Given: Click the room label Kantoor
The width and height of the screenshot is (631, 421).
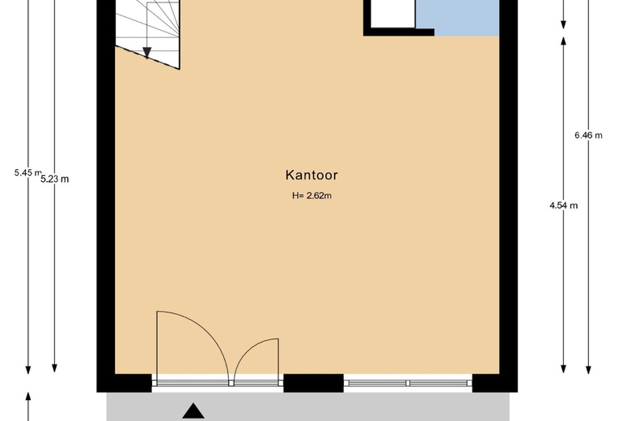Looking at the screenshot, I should tap(311, 174).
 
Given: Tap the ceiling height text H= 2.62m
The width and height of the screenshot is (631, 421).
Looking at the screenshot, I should tap(312, 195).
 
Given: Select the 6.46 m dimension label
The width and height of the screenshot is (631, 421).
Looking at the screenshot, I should tap(588, 135).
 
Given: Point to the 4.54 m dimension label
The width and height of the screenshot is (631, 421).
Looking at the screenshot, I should tap(563, 206).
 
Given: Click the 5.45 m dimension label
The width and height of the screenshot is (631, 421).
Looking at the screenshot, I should tap(28, 172).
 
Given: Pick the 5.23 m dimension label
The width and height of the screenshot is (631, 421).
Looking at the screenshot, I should tap(54, 179).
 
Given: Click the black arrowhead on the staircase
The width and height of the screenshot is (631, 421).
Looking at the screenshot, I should tap(147, 53).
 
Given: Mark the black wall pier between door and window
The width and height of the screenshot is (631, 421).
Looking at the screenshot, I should tap(314, 383).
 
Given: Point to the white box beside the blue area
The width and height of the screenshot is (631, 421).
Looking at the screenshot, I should tap(392, 13).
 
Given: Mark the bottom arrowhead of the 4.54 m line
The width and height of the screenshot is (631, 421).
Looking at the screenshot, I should tap(563, 368).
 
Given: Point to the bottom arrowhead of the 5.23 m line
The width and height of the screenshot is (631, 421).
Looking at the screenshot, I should tap(54, 368).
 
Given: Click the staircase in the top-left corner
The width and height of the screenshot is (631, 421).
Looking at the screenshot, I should tap(150, 28).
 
